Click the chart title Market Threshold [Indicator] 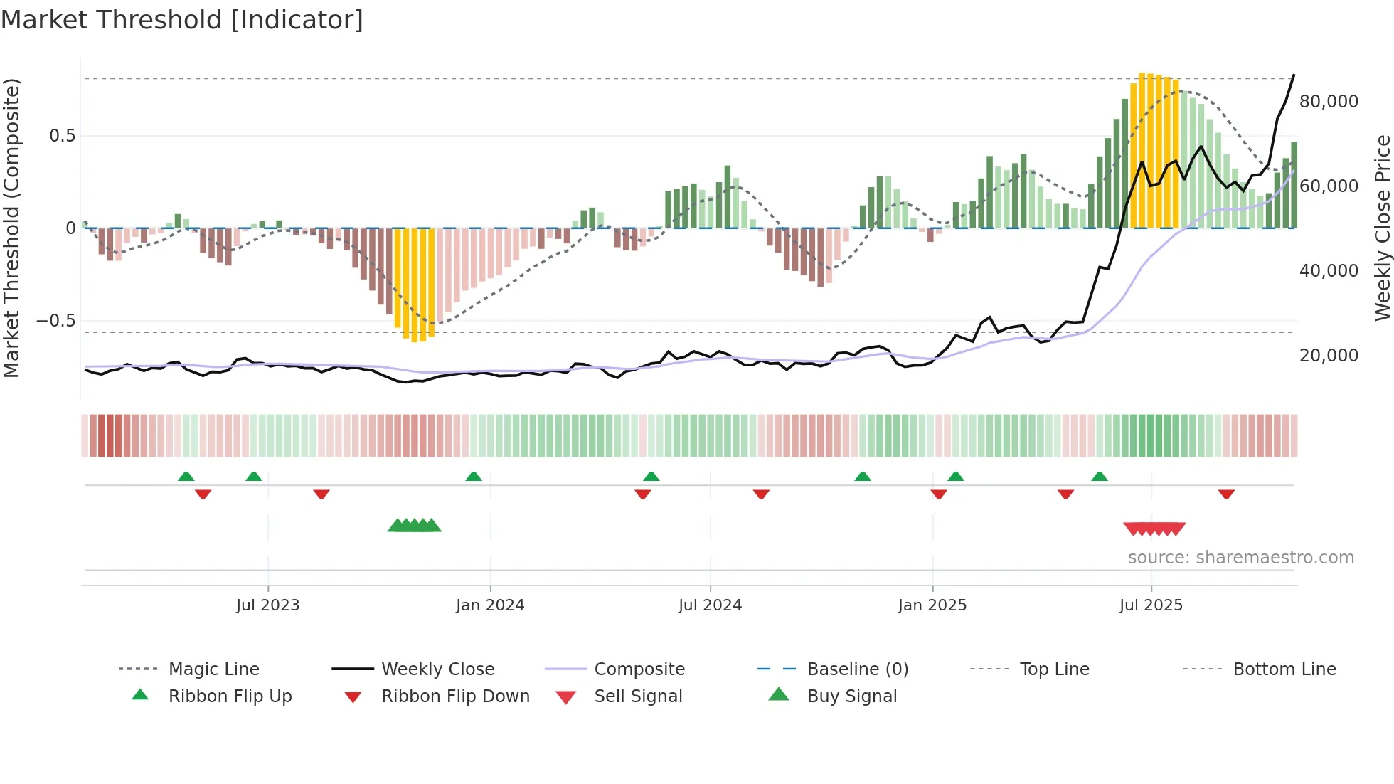[x=182, y=20]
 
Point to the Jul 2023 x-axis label [x=267, y=605]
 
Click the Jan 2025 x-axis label [x=932, y=605]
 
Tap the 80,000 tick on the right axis [x=1329, y=102]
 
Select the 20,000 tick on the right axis [x=1329, y=356]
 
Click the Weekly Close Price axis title [x=1382, y=228]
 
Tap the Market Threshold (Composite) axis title [x=11, y=228]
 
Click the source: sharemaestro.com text [x=1240, y=558]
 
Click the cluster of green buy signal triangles [x=415, y=526]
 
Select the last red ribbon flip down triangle [x=1226, y=494]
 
